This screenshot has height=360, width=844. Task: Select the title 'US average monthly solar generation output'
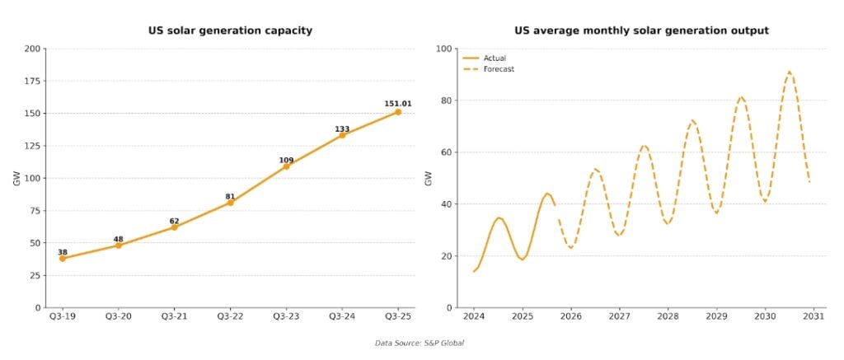(641, 30)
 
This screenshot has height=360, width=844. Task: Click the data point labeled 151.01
(398, 112)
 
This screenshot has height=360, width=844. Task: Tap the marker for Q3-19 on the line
(63, 258)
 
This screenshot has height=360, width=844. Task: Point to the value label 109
(286, 160)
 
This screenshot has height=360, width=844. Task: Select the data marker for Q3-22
(230, 202)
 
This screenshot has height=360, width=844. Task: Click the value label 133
(342, 129)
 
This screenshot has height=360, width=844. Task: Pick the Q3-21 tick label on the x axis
(174, 316)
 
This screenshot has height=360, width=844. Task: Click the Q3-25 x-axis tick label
(398, 316)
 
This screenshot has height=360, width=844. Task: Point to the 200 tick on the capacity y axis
(32, 49)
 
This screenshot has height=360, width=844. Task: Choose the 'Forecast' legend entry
(499, 69)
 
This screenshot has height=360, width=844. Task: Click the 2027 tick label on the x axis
(619, 316)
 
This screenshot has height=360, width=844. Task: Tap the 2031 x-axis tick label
(814, 316)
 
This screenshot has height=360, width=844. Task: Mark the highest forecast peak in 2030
(790, 72)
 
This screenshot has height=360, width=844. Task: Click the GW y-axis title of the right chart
(428, 178)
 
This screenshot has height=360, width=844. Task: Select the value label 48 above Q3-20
(118, 240)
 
